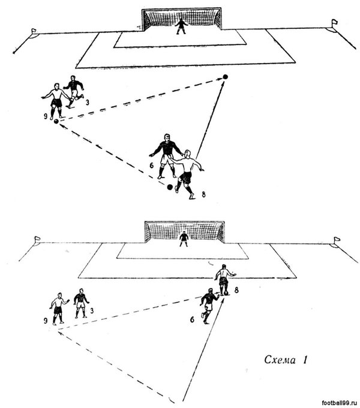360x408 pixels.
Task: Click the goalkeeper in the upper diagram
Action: click(x=181, y=26)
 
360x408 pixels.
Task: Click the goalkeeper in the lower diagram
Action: click(x=184, y=239)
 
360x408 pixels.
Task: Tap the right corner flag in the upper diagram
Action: click(x=334, y=23)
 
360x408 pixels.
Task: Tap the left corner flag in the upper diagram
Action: click(x=32, y=31)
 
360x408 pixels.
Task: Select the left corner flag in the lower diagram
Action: click(x=37, y=239)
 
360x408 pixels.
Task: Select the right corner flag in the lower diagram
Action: click(x=335, y=241)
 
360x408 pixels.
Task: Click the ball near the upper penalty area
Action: click(x=226, y=76)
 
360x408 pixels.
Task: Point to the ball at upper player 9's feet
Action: click(x=56, y=121)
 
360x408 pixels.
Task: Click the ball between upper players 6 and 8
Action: click(x=170, y=187)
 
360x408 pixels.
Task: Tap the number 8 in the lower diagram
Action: click(x=237, y=290)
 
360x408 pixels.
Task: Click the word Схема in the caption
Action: click(x=281, y=361)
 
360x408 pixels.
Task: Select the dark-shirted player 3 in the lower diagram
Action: click(x=80, y=303)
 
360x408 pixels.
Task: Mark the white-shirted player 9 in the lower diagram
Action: click(x=58, y=308)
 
